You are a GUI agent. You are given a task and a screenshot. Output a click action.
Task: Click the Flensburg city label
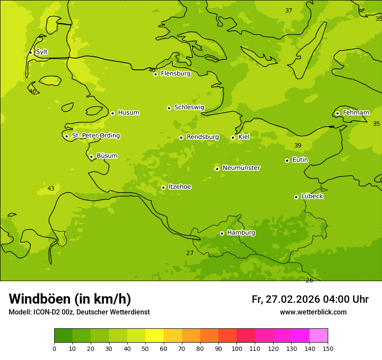175,74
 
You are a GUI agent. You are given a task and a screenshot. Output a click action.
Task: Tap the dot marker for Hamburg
222,233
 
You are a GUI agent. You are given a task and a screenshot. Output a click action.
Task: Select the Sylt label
42,52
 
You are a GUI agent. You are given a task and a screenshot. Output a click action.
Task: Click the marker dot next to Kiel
233,137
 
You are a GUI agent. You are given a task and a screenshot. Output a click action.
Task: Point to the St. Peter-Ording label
95,136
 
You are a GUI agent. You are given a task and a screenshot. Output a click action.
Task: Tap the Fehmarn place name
356,113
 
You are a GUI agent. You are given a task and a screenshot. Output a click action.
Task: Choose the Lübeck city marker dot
296,197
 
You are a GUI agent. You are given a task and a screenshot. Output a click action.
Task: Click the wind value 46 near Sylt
33,91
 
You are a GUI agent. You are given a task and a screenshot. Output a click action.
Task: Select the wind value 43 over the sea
51,188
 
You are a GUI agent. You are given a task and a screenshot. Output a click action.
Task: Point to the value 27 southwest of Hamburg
190,253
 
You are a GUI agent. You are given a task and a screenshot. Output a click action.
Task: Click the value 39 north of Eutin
298,145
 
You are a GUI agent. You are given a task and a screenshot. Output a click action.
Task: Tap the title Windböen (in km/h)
70,299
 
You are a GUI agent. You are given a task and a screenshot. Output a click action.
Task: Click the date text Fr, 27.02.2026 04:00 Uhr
310,299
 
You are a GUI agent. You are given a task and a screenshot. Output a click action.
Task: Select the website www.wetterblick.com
313,312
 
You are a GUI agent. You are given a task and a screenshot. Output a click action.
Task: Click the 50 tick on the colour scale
145,348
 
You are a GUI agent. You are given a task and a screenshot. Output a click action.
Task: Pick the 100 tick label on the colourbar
237,348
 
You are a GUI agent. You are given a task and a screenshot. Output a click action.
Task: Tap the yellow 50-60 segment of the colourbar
155,336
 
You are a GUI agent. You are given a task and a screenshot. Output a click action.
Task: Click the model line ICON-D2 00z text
79,312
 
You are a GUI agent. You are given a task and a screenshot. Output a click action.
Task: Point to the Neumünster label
241,168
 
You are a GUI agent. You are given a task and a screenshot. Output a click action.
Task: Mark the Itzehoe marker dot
163,187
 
